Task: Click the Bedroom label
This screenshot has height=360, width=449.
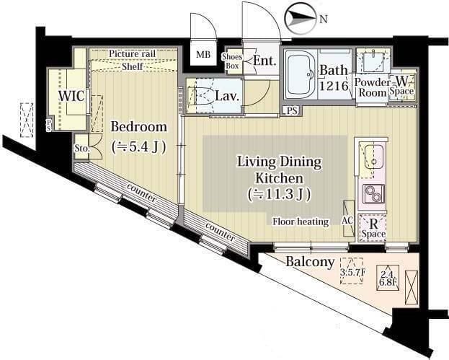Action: [139, 127]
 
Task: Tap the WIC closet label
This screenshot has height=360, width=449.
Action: [71, 96]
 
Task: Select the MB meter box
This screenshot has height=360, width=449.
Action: [203, 54]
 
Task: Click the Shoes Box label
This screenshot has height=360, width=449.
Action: [232, 61]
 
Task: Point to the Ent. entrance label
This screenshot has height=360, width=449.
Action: [264, 61]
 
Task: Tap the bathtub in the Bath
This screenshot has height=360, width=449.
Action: [301, 74]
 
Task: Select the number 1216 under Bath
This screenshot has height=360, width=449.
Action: [334, 85]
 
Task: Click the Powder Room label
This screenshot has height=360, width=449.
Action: [372, 87]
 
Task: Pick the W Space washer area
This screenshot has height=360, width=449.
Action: [402, 85]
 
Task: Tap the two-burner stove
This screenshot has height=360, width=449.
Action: [374, 194]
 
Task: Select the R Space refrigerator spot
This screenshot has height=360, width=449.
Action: [373, 229]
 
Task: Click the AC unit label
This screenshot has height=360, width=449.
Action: [347, 220]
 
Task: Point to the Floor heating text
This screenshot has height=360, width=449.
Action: [301, 221]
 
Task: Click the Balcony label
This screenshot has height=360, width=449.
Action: [310, 261]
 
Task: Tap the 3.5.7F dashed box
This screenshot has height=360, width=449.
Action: [352, 271]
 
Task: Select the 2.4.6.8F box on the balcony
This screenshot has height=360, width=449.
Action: [388, 278]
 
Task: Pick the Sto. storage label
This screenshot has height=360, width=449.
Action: [81, 149]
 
